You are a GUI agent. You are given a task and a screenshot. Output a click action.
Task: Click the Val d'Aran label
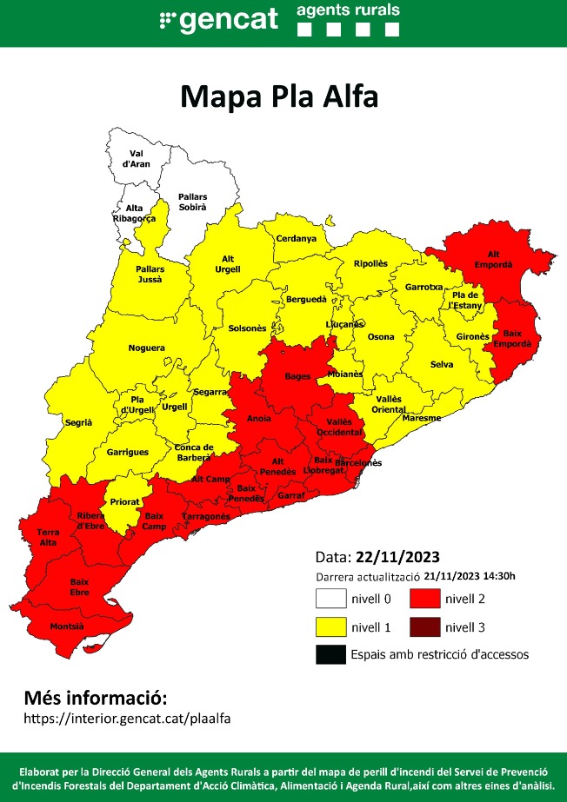point(135,158)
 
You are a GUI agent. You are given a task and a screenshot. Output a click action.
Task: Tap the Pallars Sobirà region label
point(192,202)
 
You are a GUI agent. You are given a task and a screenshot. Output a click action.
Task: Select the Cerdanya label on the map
point(296,239)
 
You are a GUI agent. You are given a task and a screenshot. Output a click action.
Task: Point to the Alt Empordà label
point(493,258)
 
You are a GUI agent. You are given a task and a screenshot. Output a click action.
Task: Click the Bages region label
point(297,376)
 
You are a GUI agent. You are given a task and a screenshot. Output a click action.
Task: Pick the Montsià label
point(68,626)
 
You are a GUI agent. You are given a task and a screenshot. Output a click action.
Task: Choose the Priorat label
point(123,501)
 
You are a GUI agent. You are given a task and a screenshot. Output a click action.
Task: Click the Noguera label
point(146,348)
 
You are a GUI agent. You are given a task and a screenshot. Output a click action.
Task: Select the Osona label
point(380,336)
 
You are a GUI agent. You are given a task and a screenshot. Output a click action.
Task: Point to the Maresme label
point(422,418)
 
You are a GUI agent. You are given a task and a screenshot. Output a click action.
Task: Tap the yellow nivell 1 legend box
point(330,626)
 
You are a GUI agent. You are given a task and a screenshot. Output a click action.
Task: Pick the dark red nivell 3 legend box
point(424,626)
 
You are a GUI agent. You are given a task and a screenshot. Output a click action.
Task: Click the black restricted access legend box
point(330,654)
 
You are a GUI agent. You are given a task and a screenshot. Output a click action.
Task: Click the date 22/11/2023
point(397,557)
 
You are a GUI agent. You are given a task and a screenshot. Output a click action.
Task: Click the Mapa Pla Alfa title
point(279,96)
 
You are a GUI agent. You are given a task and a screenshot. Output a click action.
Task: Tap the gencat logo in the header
point(218,20)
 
